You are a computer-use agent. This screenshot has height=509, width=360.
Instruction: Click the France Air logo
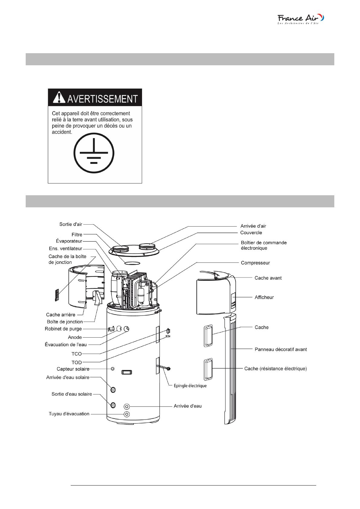(x=300, y=19)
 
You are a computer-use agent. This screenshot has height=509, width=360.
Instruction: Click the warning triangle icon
(x=59, y=97)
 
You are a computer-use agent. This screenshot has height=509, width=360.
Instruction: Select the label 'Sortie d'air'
(x=71, y=224)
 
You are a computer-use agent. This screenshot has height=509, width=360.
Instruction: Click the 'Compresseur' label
(x=255, y=263)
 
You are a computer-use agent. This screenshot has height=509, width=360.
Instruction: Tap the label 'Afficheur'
(x=264, y=297)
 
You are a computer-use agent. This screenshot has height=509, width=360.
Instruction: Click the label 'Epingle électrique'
(x=190, y=386)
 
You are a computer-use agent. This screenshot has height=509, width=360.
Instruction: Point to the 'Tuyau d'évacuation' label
(x=69, y=414)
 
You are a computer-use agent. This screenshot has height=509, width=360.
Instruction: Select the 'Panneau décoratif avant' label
(x=281, y=349)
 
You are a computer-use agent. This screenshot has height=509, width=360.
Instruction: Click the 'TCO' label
(x=76, y=354)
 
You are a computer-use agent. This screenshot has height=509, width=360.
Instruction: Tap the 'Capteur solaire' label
(x=73, y=369)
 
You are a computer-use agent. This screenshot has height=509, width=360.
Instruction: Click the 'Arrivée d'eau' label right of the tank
(x=187, y=406)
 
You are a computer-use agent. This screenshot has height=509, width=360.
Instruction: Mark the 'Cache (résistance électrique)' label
(x=275, y=368)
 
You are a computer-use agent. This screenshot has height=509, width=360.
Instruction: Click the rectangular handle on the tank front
(x=126, y=372)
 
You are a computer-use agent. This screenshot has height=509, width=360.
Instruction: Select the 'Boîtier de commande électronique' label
(x=264, y=245)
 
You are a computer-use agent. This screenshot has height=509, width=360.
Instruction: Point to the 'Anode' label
(x=75, y=337)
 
